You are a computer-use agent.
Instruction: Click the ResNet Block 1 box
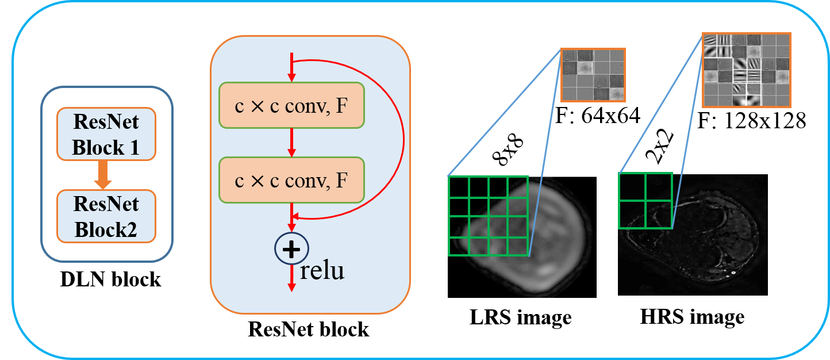pos(106,133)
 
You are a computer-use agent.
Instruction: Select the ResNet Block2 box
pos(106,216)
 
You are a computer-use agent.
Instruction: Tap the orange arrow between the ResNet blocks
pos(103,175)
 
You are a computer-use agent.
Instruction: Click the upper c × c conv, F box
pos(291,105)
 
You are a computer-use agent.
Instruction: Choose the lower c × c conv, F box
pos(291,180)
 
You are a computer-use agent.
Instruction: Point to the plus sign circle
pos(292,248)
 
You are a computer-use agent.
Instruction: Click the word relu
pos(322,270)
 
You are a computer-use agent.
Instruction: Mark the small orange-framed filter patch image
pos(593,75)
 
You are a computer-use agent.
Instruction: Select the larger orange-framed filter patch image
pos(746,70)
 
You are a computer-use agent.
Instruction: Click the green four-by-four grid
pos(488,215)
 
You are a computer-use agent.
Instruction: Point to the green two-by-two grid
pos(645,200)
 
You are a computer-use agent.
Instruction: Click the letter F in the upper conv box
pos(341,106)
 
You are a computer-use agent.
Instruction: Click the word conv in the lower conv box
pos(304,181)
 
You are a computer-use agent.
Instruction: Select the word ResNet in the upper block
pos(106,122)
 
